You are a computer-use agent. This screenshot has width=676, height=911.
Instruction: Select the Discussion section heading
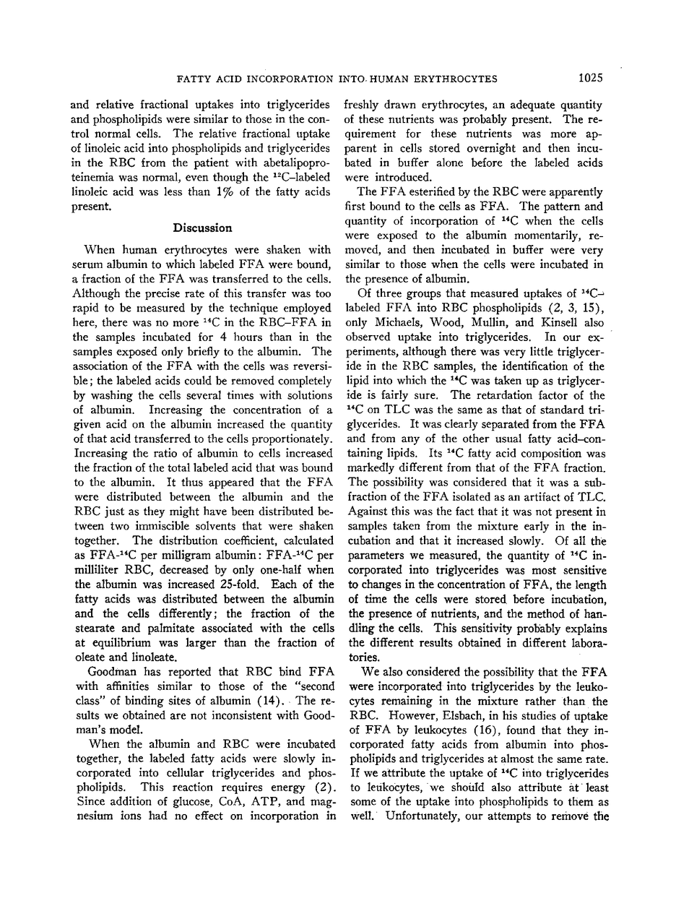coord(202,228)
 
